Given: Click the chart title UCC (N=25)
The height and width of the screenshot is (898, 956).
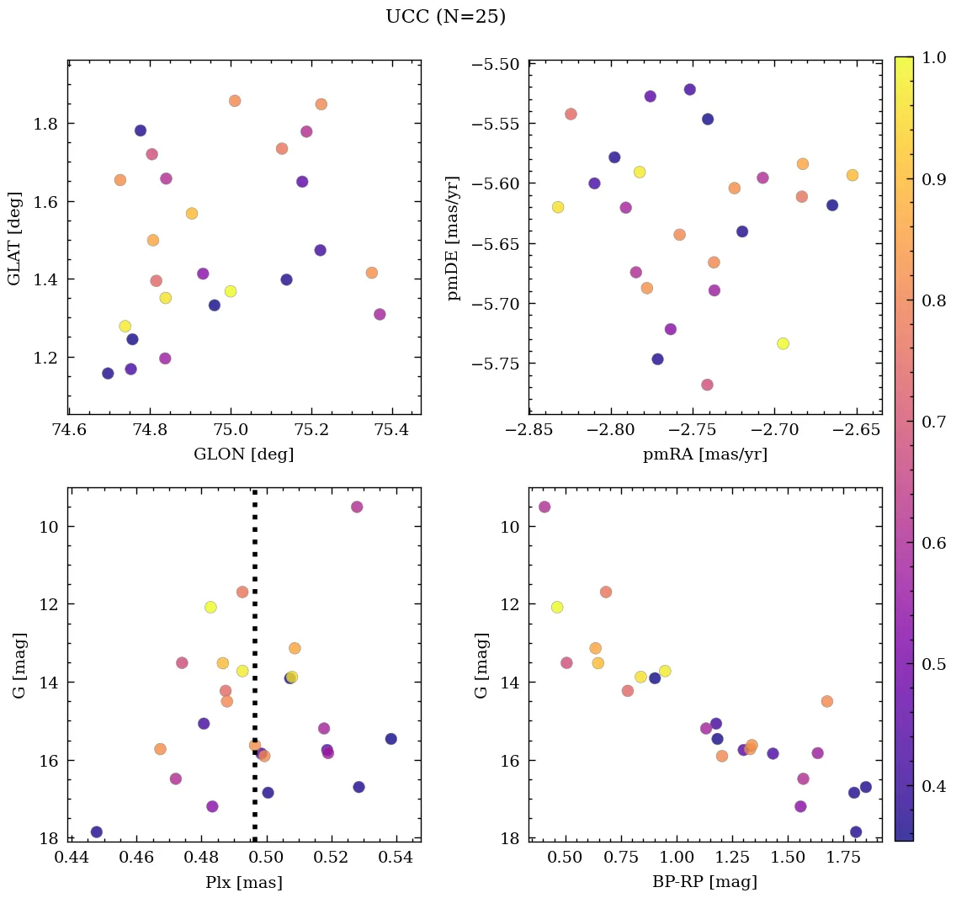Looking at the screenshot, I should [x=445, y=17].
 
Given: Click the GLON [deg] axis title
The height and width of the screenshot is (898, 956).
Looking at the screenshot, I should [x=244, y=454].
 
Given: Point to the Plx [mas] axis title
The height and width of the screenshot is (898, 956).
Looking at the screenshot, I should [x=244, y=883].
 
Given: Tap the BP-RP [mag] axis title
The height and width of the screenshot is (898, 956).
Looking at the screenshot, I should [x=704, y=883].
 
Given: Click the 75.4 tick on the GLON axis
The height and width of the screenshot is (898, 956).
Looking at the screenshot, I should [x=392, y=430].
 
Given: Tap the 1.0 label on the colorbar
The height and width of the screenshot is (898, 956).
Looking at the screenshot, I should [x=934, y=57].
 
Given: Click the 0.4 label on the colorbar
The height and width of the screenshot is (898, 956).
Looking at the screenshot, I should [x=934, y=786].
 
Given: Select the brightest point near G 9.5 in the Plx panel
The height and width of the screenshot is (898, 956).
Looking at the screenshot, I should [x=357, y=507].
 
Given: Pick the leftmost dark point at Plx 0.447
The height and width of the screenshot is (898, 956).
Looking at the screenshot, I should [x=97, y=832].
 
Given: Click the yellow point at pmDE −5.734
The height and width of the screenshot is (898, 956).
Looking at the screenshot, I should [x=783, y=343].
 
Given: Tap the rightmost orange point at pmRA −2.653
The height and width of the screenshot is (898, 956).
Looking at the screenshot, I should [x=852, y=175].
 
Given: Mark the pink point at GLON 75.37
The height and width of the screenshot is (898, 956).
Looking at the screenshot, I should [x=380, y=315].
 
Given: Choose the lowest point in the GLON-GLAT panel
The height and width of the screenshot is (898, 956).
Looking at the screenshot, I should [x=108, y=374].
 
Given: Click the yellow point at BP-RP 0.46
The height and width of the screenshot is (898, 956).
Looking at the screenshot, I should [x=557, y=608].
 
